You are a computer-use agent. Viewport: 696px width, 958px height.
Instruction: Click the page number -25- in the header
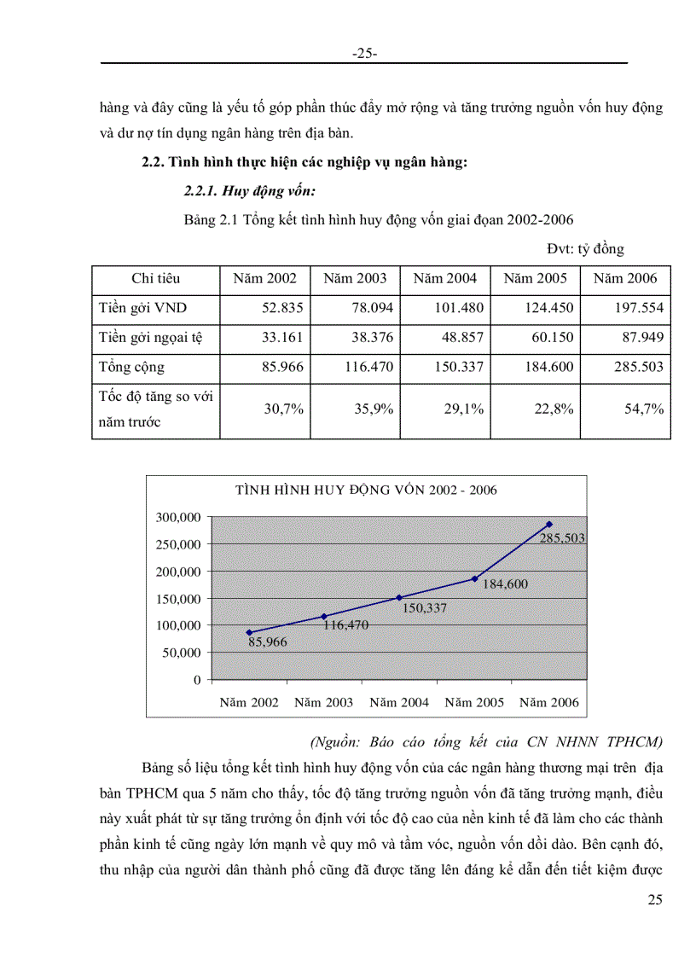364,54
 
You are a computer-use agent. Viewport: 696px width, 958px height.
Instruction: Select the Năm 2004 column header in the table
444,278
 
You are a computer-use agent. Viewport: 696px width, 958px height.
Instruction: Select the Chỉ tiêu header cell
155,278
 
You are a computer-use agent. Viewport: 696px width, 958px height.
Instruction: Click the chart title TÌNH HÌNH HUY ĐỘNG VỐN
366,490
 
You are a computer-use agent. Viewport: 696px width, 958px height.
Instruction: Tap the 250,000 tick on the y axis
177,544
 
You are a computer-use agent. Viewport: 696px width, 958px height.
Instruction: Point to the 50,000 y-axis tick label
181,653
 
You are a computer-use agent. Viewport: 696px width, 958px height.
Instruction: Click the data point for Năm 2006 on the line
549,524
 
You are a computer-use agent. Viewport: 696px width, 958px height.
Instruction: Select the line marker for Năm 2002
249,632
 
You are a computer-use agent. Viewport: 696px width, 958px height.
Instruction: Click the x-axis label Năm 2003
324,703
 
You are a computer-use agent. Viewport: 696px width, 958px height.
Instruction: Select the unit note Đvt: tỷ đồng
586,249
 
